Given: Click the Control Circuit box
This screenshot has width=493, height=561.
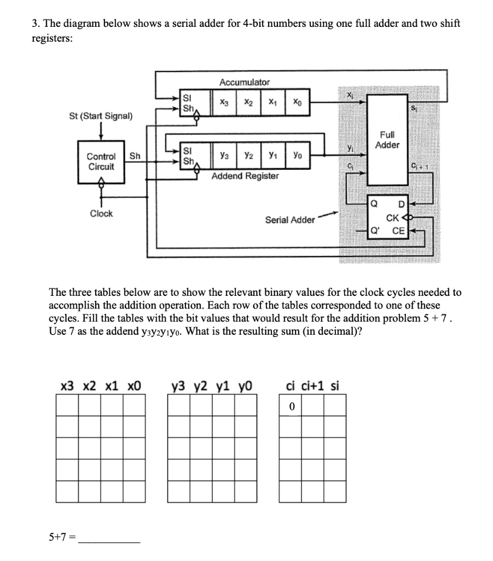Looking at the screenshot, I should click(101, 161).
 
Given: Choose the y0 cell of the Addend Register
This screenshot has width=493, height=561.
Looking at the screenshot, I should click(296, 156).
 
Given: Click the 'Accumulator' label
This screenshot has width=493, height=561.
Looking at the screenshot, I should click(244, 82).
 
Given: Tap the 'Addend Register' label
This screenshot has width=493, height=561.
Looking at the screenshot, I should click(245, 176).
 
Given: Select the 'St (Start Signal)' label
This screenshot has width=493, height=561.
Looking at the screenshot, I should click(101, 116).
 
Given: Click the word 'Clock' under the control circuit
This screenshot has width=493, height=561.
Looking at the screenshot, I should click(101, 214).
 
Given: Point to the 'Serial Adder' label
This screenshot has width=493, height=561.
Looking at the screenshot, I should click(290, 220).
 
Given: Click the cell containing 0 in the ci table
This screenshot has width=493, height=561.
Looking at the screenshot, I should click(292, 406).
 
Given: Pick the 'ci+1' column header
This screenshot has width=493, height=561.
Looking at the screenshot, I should click(314, 386).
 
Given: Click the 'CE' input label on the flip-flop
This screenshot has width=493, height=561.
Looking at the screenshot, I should click(398, 231).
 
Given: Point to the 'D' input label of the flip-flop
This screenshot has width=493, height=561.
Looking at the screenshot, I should click(401, 205).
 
